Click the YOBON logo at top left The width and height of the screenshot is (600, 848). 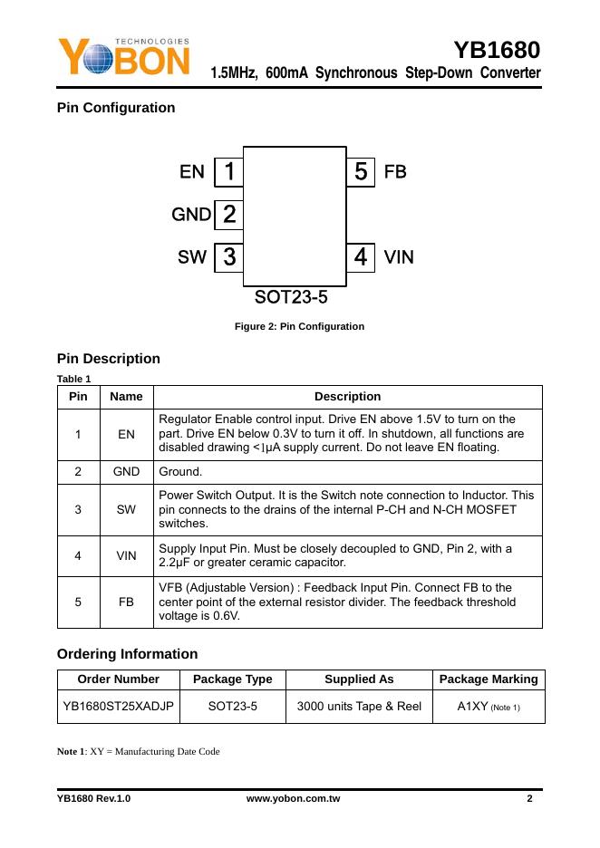click(124, 57)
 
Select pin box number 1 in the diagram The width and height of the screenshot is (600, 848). click(229, 171)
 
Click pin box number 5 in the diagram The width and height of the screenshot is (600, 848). click(361, 171)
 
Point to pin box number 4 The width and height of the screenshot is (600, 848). click(361, 257)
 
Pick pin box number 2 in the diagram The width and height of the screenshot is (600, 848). click(229, 215)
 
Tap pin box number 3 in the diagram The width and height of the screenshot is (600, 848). click(229, 257)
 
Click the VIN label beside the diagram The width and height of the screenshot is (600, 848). click(399, 257)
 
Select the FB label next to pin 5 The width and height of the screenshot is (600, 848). click(395, 171)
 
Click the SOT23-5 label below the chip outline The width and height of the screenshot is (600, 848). click(290, 297)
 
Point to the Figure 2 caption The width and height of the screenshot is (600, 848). click(299, 326)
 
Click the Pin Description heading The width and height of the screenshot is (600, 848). click(108, 359)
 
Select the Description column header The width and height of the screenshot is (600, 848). click(347, 397)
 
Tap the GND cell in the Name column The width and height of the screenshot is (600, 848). click(126, 472)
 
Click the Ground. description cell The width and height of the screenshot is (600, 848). click(180, 472)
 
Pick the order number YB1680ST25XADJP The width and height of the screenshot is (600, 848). click(118, 706)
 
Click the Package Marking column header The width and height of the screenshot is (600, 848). click(489, 679)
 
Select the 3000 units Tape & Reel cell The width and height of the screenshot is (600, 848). click(358, 706)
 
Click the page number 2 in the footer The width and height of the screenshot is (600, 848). click(529, 799)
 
